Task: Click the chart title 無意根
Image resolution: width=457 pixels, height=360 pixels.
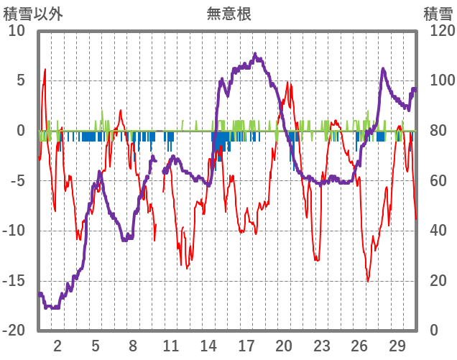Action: tap(229, 14)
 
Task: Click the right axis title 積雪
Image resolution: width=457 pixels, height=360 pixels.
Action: tap(437, 14)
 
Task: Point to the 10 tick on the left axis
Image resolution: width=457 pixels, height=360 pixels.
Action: tap(17, 31)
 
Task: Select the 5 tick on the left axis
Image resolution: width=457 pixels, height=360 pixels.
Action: tap(20, 80)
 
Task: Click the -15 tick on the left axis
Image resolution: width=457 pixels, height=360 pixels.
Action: tap(14, 280)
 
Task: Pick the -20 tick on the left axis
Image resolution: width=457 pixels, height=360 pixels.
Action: tap(14, 330)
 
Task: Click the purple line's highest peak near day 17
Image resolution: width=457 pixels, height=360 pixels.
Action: tap(254, 55)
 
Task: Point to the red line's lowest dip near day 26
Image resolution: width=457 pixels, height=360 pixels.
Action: tap(368, 281)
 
